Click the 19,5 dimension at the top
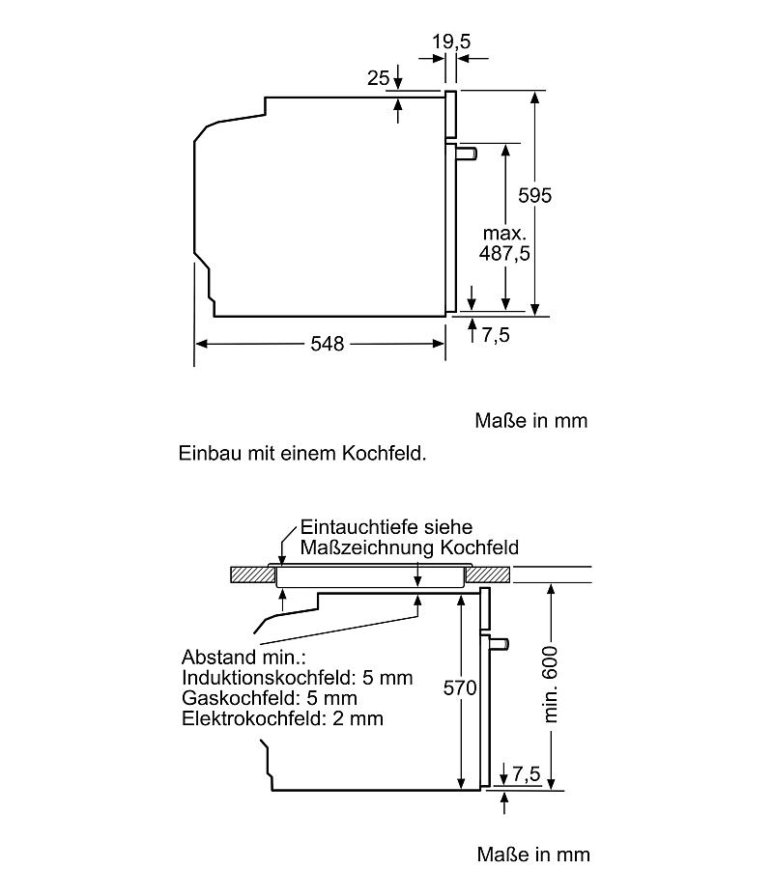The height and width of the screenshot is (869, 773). [x=451, y=42]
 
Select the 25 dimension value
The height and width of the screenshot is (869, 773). [x=378, y=78]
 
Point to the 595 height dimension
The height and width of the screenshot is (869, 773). [x=535, y=195]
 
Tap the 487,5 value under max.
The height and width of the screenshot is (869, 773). [x=504, y=253]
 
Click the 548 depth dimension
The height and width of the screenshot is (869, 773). [x=328, y=344]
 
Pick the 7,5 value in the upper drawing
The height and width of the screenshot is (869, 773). [x=495, y=335]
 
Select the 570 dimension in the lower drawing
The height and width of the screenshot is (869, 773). [x=460, y=687]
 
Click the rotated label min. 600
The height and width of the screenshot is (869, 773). [x=550, y=685]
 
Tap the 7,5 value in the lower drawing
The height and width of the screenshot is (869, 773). [x=527, y=773]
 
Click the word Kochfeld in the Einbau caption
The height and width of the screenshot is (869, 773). [x=384, y=454]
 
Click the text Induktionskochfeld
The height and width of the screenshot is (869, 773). [x=269, y=677]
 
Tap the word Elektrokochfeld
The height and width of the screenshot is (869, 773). [x=254, y=718]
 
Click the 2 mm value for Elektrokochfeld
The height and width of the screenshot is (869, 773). [x=358, y=718]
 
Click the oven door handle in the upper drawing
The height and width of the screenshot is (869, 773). [x=467, y=153]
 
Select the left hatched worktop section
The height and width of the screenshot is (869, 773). [x=253, y=575]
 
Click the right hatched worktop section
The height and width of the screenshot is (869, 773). [x=487, y=575]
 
